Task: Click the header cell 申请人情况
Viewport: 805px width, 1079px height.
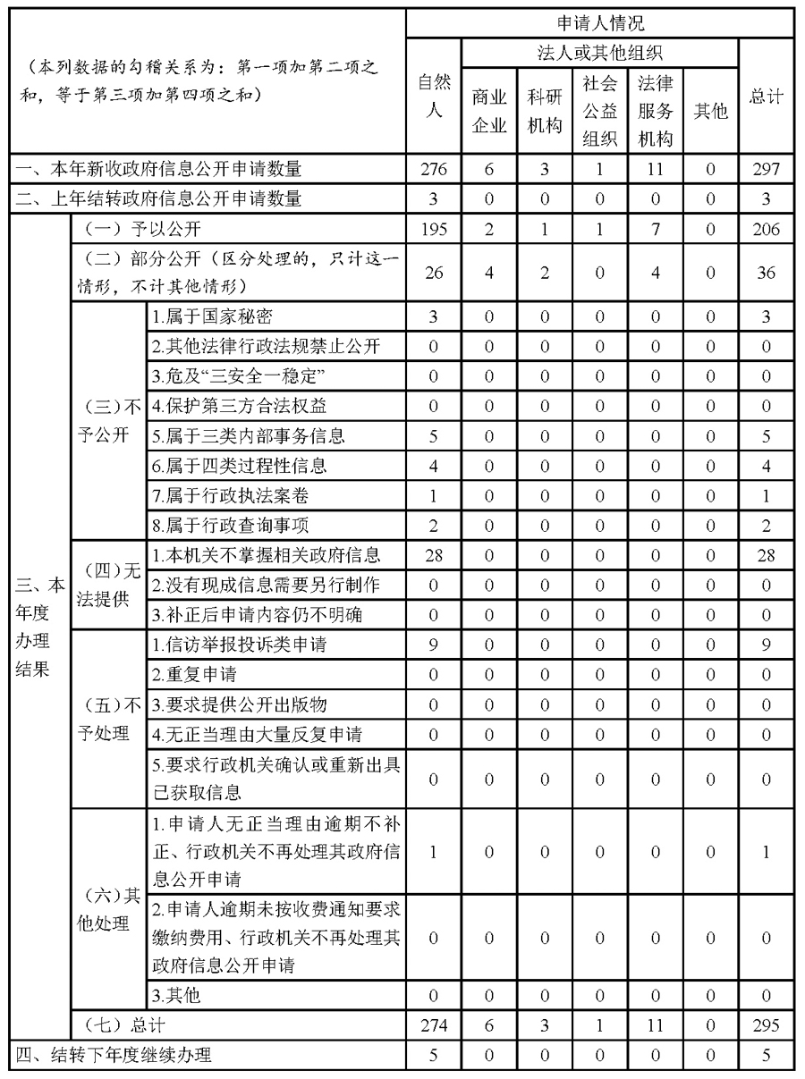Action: (x=600, y=22)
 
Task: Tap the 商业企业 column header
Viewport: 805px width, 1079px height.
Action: (x=489, y=111)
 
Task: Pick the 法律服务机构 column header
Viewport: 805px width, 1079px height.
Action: (x=656, y=111)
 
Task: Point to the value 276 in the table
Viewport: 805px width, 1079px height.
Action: (x=433, y=169)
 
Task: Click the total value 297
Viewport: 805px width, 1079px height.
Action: (x=767, y=169)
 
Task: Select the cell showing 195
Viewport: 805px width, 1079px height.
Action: (x=433, y=230)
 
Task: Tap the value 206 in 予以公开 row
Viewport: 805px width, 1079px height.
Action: (x=767, y=230)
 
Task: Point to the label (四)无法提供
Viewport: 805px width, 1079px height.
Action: (x=106, y=585)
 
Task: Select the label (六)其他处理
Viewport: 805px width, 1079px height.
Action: (x=106, y=910)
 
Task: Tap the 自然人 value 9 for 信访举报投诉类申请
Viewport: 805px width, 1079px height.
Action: (x=433, y=645)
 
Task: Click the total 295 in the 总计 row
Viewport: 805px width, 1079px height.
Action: (x=767, y=1024)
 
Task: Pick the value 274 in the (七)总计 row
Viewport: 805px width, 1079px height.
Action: (x=433, y=1024)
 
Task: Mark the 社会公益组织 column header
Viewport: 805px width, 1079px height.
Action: (x=600, y=111)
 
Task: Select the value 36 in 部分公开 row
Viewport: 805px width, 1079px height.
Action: (x=767, y=273)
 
